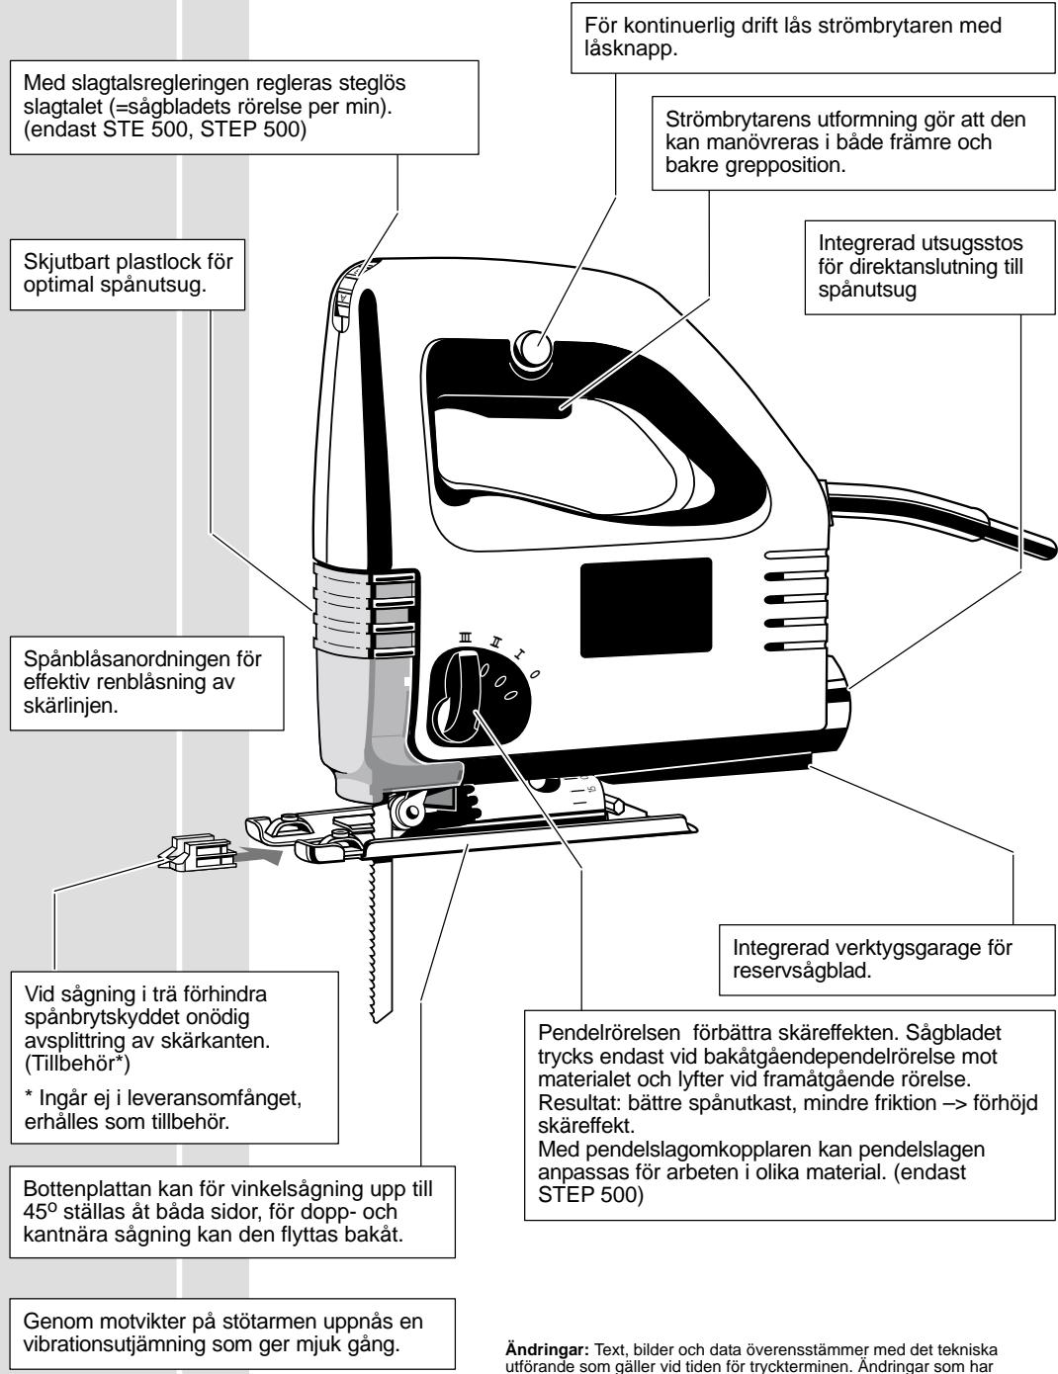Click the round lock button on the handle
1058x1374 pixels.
coord(535,348)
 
